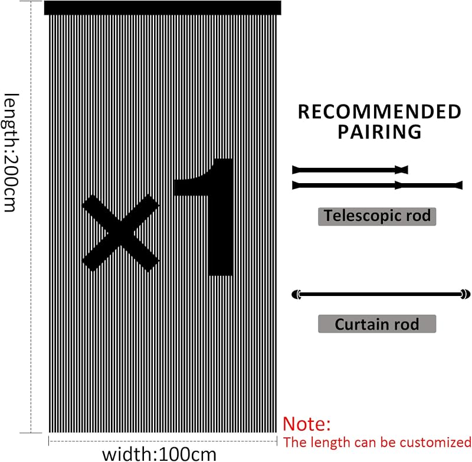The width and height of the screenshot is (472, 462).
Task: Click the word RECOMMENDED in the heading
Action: (379, 112)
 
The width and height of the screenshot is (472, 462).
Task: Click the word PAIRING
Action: (379, 132)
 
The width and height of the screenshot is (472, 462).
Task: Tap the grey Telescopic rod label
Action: (377, 216)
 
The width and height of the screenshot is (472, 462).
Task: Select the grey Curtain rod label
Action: (377, 324)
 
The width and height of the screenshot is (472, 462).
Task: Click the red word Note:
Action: (307, 424)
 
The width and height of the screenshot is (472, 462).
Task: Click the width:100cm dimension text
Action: (159, 454)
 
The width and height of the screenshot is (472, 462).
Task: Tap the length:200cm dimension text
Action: (11, 152)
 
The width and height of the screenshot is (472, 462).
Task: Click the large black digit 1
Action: (204, 217)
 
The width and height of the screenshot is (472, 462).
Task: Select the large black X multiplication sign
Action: (120, 233)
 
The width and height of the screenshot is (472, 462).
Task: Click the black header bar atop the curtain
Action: (163, 8)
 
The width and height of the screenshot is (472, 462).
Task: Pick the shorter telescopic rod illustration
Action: (350, 170)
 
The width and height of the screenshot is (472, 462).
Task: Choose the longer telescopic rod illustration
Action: (377, 186)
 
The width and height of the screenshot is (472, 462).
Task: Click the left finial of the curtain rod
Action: (297, 294)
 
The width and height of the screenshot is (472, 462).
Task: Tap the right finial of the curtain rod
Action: (466, 294)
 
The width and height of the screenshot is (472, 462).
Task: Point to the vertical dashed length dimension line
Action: (31, 217)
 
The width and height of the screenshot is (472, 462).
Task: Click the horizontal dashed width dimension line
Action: (163, 441)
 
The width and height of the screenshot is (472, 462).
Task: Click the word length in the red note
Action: (331, 443)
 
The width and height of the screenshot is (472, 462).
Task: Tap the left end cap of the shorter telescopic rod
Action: (296, 170)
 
